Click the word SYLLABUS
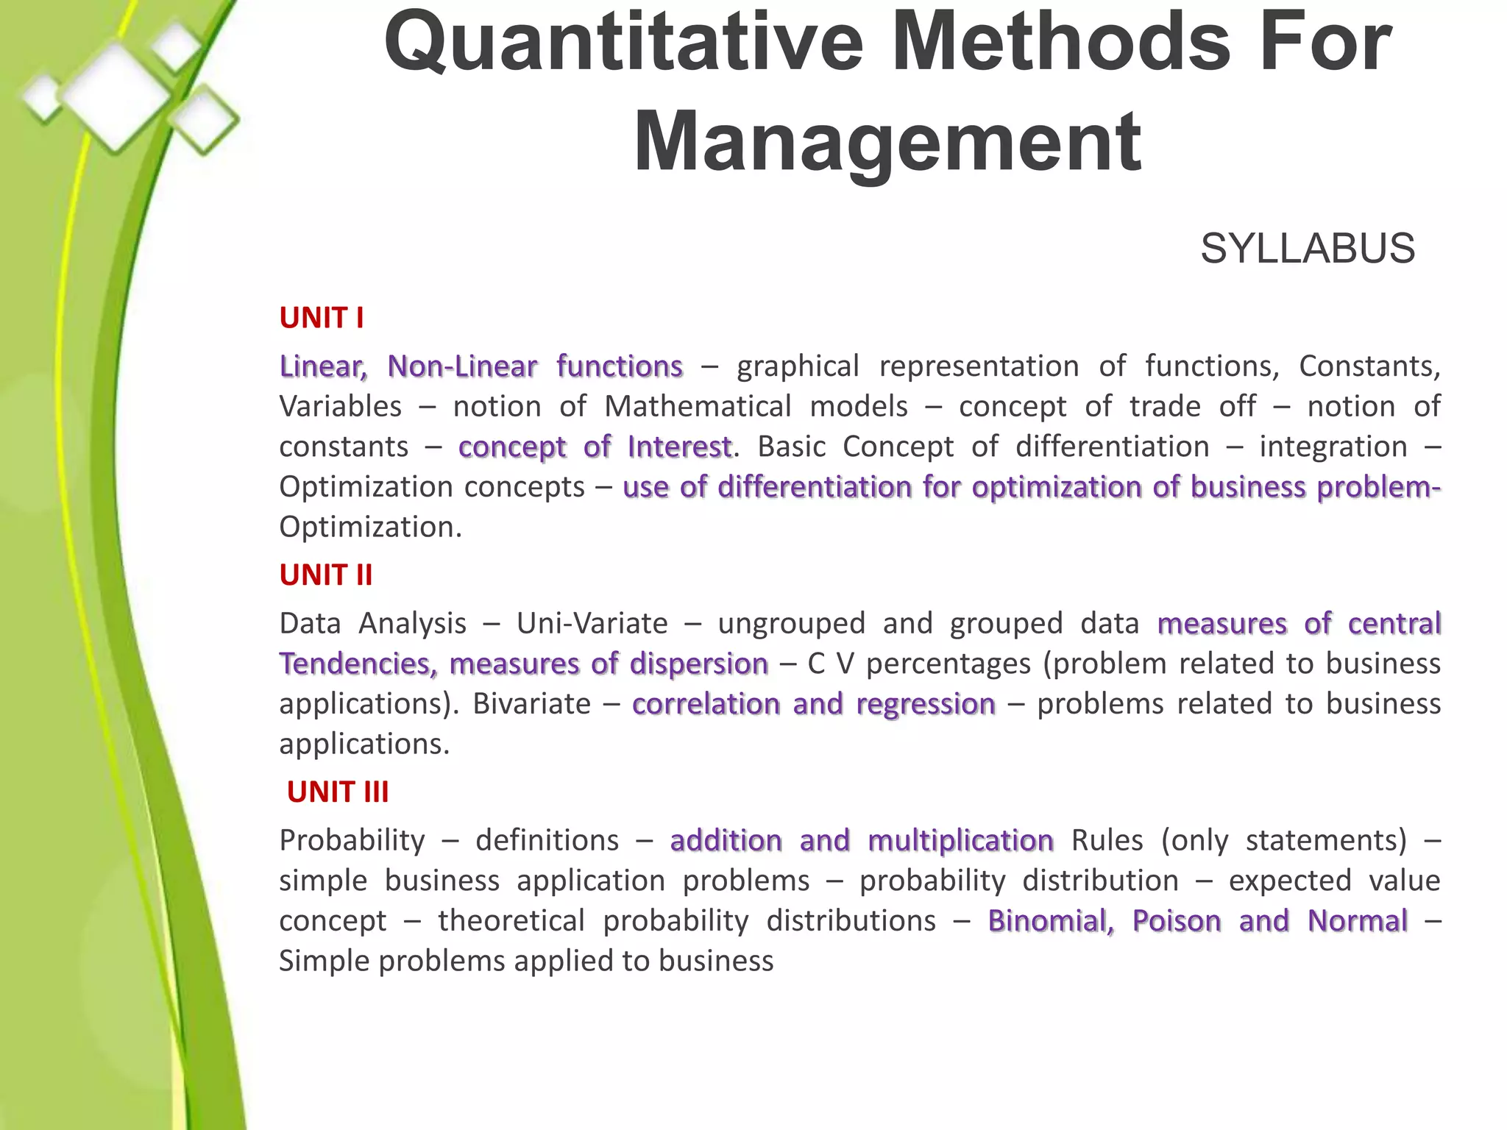pyautogui.click(x=1308, y=249)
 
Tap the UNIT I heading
pyautogui.click(x=322, y=318)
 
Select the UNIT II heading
pyautogui.click(x=326, y=575)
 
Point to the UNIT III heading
pyautogui.click(x=338, y=792)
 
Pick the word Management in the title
pyautogui.click(x=887, y=141)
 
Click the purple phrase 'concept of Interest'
pyautogui.click(x=595, y=447)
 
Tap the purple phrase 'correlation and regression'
pyautogui.click(x=813, y=704)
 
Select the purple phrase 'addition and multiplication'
pyautogui.click(x=862, y=840)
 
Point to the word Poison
pyautogui.click(x=1176, y=921)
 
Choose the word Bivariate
pyautogui.click(x=531, y=704)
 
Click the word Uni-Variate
pyautogui.click(x=592, y=624)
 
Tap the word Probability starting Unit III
pyautogui.click(x=352, y=840)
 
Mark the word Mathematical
pyautogui.click(x=698, y=406)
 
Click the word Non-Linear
pyautogui.click(x=462, y=366)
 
